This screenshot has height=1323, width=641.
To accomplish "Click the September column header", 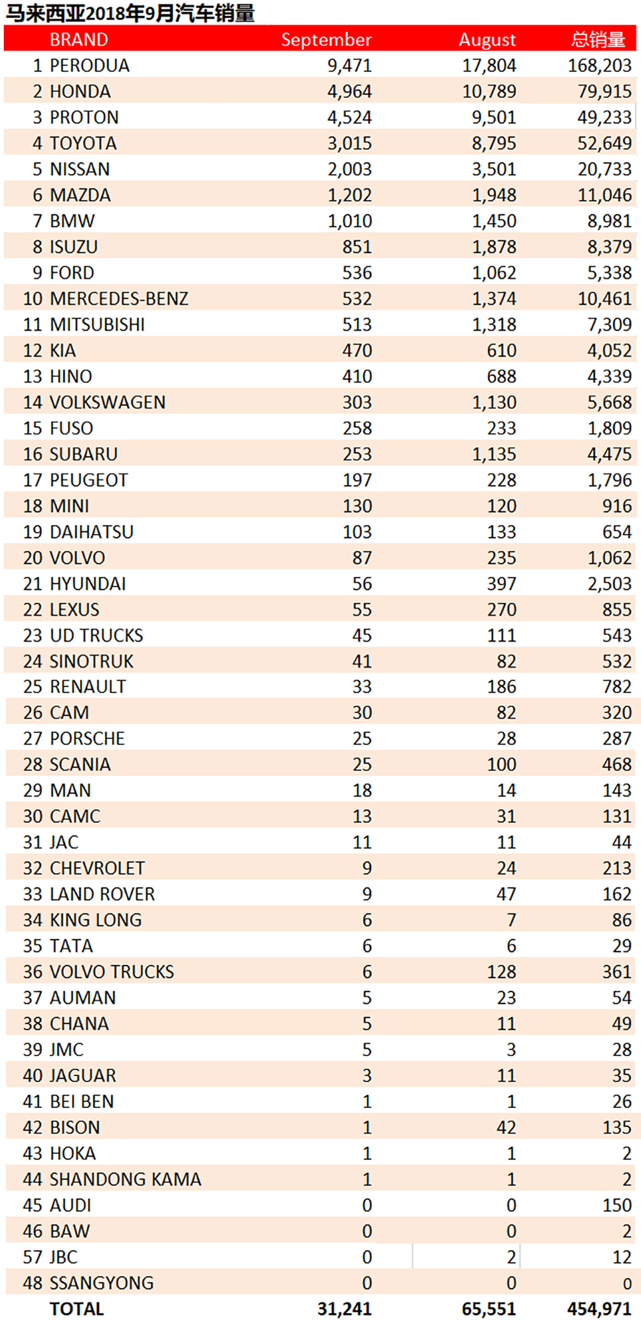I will pos(326,40).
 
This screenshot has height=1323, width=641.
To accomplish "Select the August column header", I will pos(487,40).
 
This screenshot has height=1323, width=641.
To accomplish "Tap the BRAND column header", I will pos(79,40).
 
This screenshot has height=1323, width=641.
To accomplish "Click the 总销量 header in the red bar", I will pos(598,40).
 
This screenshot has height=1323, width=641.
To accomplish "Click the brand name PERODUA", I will pos(89,65).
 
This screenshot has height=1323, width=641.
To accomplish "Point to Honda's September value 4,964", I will pos(349,91).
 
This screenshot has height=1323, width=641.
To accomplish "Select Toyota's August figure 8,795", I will pos(494,143).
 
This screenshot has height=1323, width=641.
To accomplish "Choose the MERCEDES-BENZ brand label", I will pos(119,298).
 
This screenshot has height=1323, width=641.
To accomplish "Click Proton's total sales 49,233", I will pos(604,117).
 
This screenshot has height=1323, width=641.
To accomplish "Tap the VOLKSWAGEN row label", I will pos(107,402).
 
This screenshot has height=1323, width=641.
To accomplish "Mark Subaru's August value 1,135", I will pos(494,454).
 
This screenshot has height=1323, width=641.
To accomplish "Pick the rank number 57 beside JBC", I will pos(32,1257).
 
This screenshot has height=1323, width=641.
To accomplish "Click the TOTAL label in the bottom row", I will pos(76,1309).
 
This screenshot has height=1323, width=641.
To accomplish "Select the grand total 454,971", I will pos(599,1309).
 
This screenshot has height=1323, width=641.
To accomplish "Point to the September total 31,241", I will pos(345,1309).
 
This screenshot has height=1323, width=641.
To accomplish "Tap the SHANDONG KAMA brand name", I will pos(125,1179).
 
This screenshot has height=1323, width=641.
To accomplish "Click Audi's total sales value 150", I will pos(616,1205).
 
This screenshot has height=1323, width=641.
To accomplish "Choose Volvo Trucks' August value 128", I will pos(501,972).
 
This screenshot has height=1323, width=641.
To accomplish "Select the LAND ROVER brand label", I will pos(102,894).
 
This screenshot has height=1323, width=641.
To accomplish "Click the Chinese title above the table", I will pos(130,13).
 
